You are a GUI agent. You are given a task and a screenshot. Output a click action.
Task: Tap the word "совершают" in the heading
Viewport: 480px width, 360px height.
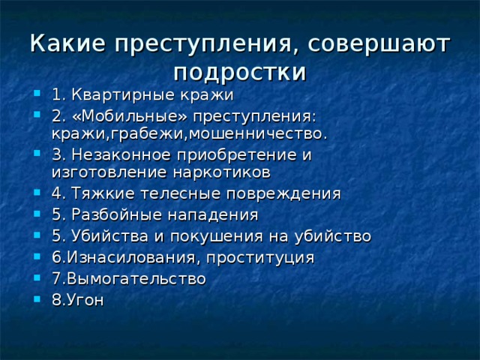[x=379, y=44]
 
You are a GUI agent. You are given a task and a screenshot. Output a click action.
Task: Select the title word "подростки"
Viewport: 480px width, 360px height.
[x=240, y=73]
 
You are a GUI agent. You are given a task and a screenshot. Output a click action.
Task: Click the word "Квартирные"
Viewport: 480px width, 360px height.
[x=123, y=95]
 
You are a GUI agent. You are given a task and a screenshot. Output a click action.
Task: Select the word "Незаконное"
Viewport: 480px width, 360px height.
[x=121, y=154]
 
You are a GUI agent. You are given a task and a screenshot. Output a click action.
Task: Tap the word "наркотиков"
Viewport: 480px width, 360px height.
[x=222, y=173]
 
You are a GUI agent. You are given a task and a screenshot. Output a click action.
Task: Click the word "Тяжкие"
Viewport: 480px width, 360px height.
[x=103, y=193]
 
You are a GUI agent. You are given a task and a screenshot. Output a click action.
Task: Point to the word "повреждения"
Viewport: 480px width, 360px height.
[x=283, y=194]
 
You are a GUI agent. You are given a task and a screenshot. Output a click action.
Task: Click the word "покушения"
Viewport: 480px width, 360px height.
[x=217, y=237]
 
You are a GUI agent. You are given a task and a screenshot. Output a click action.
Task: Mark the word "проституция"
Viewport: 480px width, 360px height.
[x=260, y=258]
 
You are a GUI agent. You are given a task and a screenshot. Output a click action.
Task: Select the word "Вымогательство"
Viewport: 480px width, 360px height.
[x=136, y=279]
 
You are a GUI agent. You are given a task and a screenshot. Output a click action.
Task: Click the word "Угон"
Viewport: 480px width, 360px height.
[x=85, y=300]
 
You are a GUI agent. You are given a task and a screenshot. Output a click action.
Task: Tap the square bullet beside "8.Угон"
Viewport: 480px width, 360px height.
[x=37, y=298]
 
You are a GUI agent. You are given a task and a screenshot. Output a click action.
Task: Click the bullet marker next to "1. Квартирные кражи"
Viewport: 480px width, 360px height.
[x=37, y=93]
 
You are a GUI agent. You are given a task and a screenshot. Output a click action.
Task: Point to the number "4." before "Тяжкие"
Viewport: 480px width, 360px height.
[x=58, y=193]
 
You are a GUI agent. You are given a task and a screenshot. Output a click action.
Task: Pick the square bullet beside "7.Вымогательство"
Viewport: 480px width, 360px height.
[x=37, y=277]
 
